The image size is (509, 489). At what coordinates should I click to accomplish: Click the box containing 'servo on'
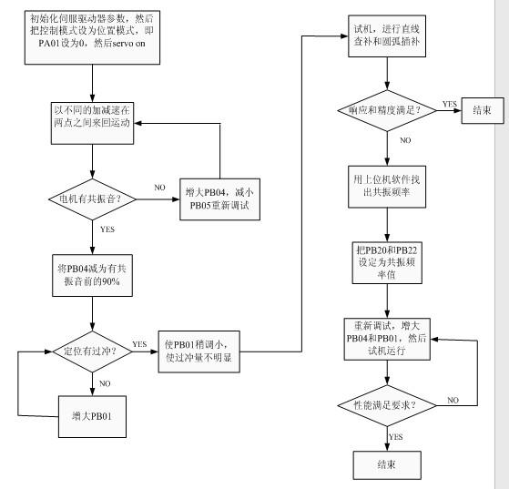pyautogui.click(x=92, y=37)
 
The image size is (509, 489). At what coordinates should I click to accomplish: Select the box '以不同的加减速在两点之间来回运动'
pyautogui.click(x=92, y=123)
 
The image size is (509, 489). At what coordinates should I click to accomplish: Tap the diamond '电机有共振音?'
pyautogui.click(x=92, y=199)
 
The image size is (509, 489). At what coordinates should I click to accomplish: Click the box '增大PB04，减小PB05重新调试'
pyautogui.click(x=219, y=199)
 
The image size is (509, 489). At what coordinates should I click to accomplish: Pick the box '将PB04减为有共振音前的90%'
pyautogui.click(x=92, y=275)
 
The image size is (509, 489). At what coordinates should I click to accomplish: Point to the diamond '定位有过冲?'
pyautogui.click(x=92, y=351)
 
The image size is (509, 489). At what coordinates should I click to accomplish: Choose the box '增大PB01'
pyautogui.click(x=92, y=416)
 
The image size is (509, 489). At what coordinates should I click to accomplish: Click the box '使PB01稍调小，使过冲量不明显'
pyautogui.click(x=199, y=351)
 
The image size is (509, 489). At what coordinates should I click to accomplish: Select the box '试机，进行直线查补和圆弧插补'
pyautogui.click(x=387, y=36)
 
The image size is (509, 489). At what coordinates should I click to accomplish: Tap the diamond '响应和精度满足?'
pyautogui.click(x=387, y=111)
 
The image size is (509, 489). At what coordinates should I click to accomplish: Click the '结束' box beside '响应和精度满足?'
pyautogui.click(x=483, y=111)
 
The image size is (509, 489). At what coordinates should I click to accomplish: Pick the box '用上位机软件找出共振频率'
pyautogui.click(x=387, y=187)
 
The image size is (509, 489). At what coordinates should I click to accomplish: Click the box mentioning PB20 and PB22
pyautogui.click(x=387, y=262)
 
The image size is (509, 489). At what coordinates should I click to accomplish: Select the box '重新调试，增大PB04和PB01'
pyautogui.click(x=387, y=339)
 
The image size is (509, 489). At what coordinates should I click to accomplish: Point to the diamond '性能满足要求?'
pyautogui.click(x=387, y=405)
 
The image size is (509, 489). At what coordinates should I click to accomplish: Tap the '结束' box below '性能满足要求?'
pyautogui.click(x=387, y=465)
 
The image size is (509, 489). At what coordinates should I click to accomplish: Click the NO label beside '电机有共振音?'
pyautogui.click(x=159, y=188)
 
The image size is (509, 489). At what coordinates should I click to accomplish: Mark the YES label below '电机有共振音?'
pyautogui.click(x=107, y=229)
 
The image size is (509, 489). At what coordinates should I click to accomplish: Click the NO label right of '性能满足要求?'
pyautogui.click(x=453, y=400)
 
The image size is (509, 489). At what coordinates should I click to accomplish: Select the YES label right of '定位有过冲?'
pyautogui.click(x=139, y=344)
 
